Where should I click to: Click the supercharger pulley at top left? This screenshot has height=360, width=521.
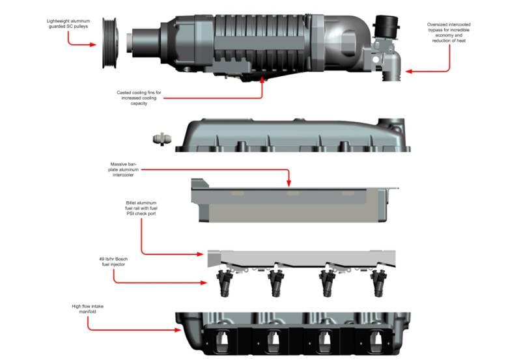[x=109, y=45]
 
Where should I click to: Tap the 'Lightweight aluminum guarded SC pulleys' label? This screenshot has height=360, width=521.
[x=68, y=24]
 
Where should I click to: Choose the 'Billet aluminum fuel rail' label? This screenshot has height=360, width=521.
[x=141, y=208]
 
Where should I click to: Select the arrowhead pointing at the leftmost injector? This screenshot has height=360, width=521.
[x=203, y=283]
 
